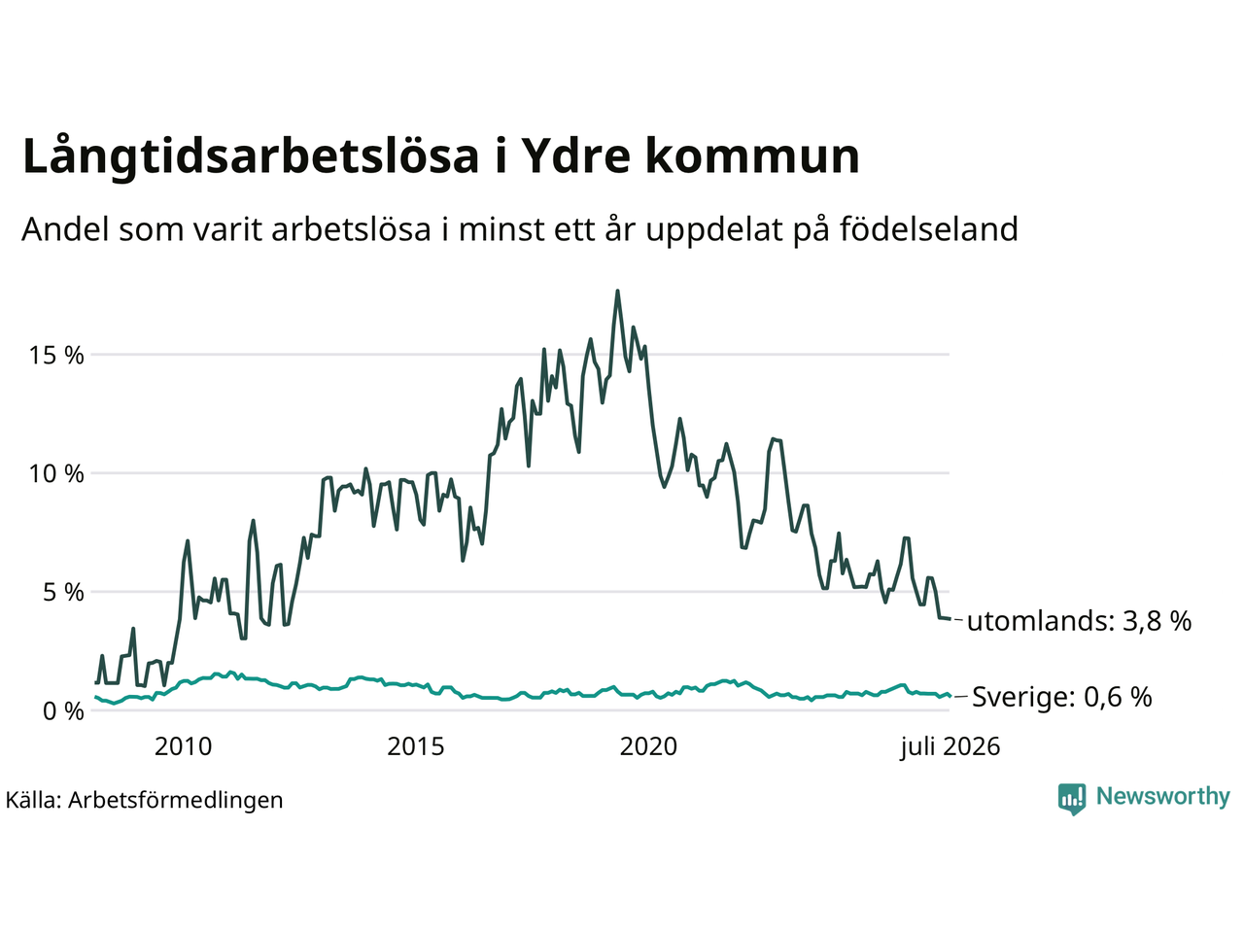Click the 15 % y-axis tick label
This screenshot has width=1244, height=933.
tap(56, 356)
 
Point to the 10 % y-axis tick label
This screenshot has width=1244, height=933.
tap(56, 474)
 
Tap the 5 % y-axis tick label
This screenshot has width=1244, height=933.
tap(63, 593)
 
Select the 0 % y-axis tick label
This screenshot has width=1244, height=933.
tap(63, 711)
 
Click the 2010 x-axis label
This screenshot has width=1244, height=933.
tap(183, 747)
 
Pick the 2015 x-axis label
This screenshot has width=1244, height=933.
tap(415, 747)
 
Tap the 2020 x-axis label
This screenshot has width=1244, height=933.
tap(648, 747)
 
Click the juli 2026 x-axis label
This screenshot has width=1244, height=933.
tap(950, 747)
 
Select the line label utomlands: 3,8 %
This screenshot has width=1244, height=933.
tap(1079, 621)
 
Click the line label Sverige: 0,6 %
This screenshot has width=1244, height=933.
tap(1062, 696)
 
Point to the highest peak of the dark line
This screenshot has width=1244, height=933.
tap(617, 292)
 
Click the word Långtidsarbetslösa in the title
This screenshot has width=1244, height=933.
tap(251, 156)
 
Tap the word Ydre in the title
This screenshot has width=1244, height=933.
tap(573, 156)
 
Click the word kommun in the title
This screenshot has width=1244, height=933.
tap(752, 156)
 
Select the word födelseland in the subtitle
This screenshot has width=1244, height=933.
tap(929, 228)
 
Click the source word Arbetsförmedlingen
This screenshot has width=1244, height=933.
tap(176, 801)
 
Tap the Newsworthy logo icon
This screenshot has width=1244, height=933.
tap(1072, 799)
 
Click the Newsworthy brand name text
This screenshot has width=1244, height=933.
tap(1163, 796)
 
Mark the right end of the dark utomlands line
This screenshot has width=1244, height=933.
tap(950, 619)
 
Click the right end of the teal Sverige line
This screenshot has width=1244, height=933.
tap(950, 696)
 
